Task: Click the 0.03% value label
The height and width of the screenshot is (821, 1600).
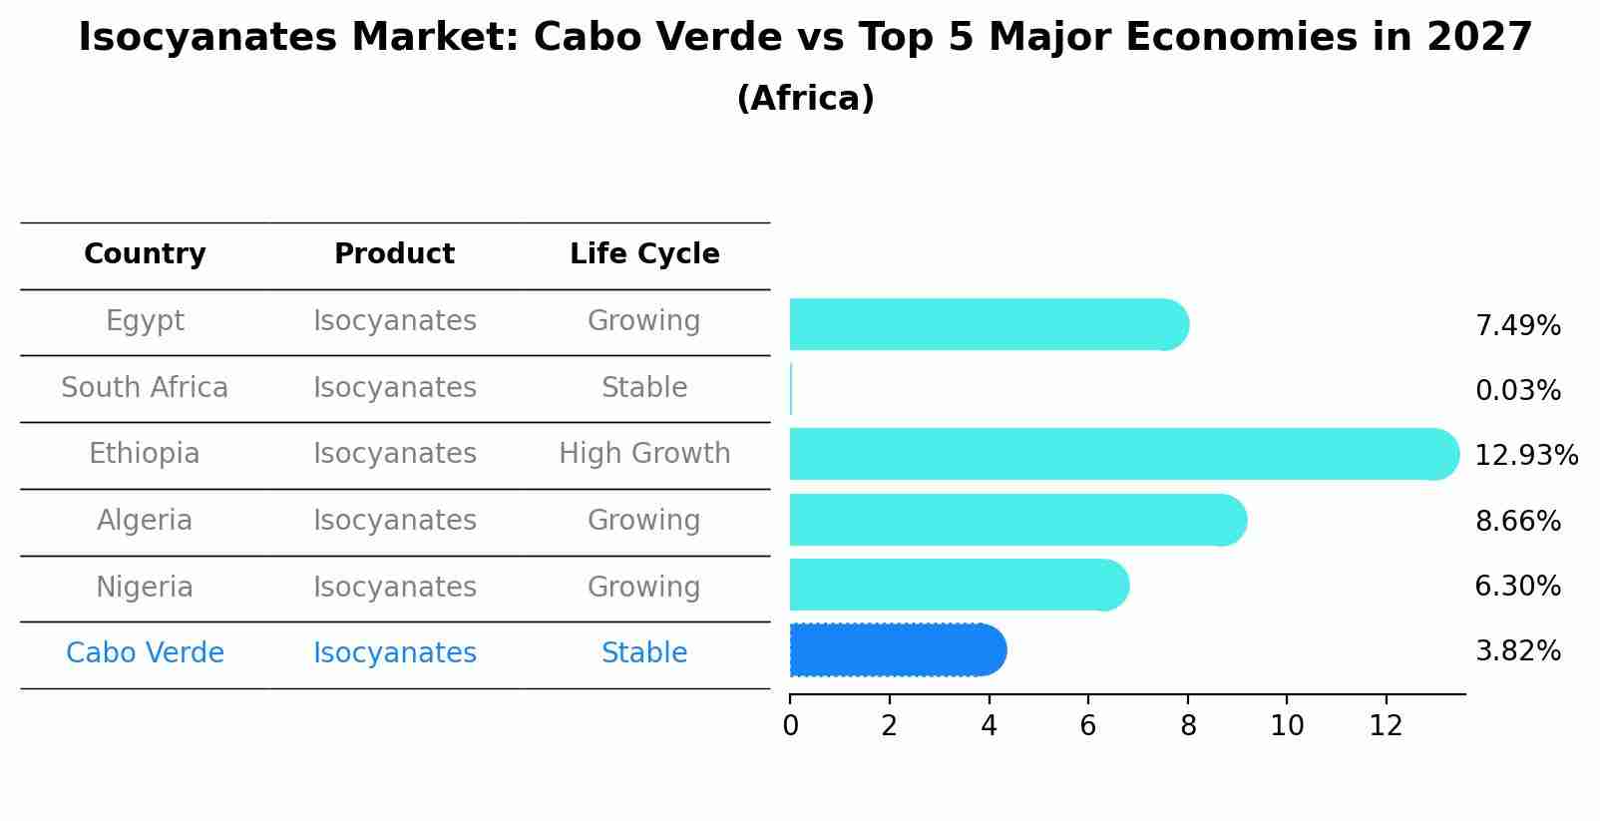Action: tap(1517, 391)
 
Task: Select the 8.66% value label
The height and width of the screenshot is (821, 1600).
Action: tap(1517, 521)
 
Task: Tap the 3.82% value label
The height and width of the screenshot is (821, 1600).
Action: tap(1517, 651)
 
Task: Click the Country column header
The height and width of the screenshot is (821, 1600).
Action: tap(145, 254)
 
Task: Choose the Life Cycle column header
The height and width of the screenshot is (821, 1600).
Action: tap(644, 254)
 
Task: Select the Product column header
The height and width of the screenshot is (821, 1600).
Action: tap(394, 254)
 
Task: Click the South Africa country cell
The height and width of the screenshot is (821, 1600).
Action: tap(145, 388)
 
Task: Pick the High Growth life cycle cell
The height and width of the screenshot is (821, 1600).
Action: tap(644, 454)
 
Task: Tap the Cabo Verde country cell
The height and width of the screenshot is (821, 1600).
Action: tap(145, 653)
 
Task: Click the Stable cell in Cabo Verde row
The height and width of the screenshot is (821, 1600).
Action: tap(644, 653)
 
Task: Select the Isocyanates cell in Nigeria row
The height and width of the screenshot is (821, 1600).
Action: tap(394, 588)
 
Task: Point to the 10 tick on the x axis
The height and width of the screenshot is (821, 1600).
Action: tap(1287, 726)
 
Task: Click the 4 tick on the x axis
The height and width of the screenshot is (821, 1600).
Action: tap(989, 726)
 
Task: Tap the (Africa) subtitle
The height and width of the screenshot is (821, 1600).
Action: tap(805, 99)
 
